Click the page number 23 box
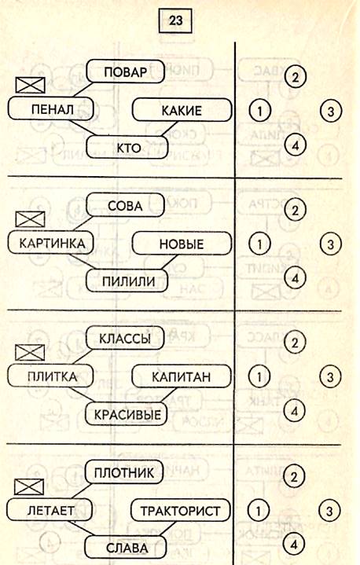[175, 20]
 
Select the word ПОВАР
[126, 72]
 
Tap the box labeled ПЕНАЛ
[51, 109]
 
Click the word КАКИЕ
[182, 111]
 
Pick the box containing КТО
[127, 148]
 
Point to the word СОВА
[125, 206]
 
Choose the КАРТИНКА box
[51, 244]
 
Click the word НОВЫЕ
[182, 244]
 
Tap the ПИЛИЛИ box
[127, 281]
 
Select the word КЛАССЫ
[125, 339]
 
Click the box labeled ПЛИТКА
[50, 376]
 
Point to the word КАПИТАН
[182, 377]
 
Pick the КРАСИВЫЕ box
[127, 414]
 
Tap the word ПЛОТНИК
[124, 473]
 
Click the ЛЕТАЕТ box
[50, 510]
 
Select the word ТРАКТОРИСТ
[180, 511]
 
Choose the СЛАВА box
[126, 548]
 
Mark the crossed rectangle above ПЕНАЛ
[31, 85]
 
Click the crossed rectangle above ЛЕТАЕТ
[29, 486]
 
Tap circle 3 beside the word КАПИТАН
[330, 377]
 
